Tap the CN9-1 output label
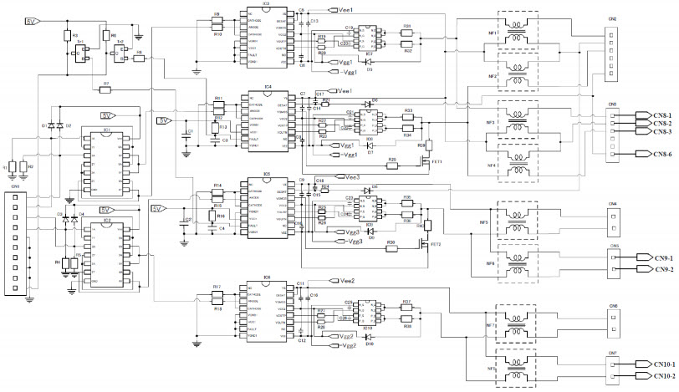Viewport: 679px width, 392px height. [x=654, y=258]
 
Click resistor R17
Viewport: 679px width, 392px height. [x=217, y=294]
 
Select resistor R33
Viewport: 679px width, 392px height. [x=408, y=116]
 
